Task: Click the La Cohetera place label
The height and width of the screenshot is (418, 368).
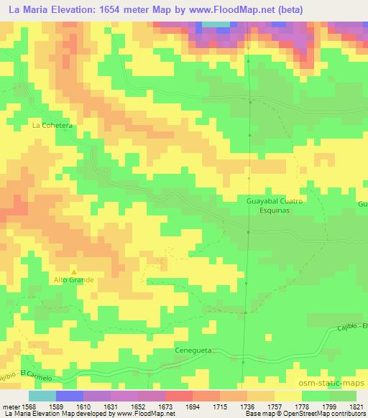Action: point(53,124)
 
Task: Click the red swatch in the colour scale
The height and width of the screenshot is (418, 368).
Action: point(178,396)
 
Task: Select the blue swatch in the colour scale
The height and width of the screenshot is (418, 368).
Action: point(68,396)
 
